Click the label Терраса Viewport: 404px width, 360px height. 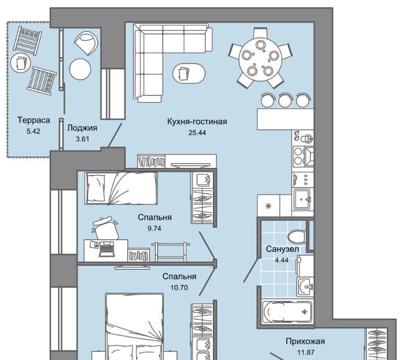tap(34, 120)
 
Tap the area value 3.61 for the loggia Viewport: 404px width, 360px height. tap(83, 139)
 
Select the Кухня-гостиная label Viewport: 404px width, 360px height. tap(197, 121)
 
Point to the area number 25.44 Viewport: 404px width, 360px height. tap(197, 133)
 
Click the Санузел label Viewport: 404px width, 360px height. tap(282, 249)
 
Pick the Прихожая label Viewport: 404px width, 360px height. tap(305, 341)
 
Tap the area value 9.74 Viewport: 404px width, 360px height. tap(154, 229)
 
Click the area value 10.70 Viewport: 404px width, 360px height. tap(179, 287)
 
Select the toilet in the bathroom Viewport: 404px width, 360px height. tap(297, 236)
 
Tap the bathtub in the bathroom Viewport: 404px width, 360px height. tap(287, 311)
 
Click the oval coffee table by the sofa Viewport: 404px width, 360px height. tap(189, 73)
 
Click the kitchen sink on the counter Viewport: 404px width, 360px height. tap(303, 199)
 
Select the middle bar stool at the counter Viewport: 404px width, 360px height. tap(285, 100)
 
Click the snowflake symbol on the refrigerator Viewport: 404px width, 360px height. tap(269, 206)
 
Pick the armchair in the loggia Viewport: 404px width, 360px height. tap(86, 43)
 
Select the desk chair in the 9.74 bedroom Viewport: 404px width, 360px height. tap(105, 228)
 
